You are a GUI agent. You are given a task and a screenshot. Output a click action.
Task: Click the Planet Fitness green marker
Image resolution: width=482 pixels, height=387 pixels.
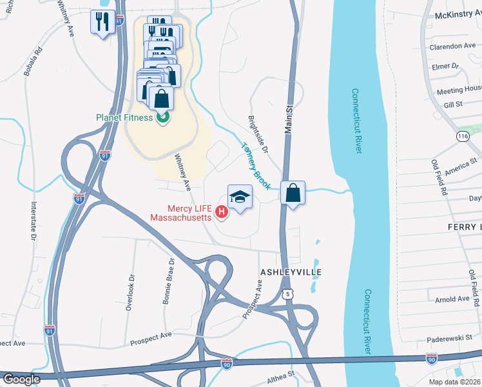pyautogui.click(x=162, y=117)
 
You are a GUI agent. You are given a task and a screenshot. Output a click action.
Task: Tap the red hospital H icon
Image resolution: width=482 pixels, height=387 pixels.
pyautogui.click(x=222, y=212)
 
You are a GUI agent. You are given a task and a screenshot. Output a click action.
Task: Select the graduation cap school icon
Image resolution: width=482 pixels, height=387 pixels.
pyautogui.click(x=240, y=197)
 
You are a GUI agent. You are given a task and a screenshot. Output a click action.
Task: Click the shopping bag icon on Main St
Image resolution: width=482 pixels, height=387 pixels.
pyautogui.click(x=293, y=193)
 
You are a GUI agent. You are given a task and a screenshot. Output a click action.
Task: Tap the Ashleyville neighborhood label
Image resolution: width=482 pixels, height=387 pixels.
pyautogui.click(x=290, y=273)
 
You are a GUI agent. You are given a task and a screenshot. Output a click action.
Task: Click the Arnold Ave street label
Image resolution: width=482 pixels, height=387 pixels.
pyautogui.click(x=452, y=299)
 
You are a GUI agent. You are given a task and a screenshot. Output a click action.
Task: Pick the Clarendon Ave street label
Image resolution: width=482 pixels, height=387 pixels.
pyautogui.click(x=452, y=46)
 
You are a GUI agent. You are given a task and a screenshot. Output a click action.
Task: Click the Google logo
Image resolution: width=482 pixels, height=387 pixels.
pyautogui.click(x=21, y=379)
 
